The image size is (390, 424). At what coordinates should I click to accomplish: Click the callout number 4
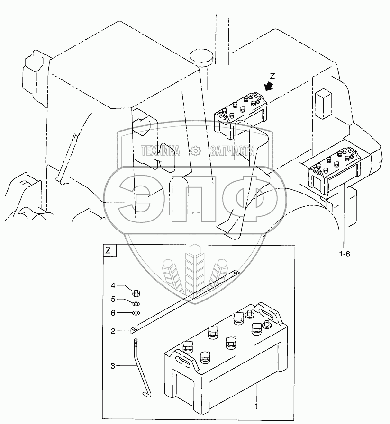coord(113,285)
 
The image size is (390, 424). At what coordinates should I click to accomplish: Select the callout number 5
coord(113,299)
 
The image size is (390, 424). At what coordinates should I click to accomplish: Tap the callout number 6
coord(113,313)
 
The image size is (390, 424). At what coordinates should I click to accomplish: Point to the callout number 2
coord(113,331)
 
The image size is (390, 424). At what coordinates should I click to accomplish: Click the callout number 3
coord(113,365)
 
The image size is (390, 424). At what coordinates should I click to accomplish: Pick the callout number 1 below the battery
coord(256,406)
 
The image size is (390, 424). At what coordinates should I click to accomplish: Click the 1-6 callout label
coord(345,254)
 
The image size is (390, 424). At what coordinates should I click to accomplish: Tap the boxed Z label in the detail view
coord(108,251)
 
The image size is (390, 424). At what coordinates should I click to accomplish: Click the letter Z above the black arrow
coord(272,75)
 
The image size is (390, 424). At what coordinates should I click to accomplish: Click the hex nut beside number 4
coord(134,292)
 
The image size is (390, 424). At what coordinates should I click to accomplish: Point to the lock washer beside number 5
coord(135,303)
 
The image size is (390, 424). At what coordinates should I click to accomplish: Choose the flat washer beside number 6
coord(135,313)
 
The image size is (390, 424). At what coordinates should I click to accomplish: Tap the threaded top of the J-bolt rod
coord(136,340)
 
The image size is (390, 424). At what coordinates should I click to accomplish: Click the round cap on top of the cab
coord(201,56)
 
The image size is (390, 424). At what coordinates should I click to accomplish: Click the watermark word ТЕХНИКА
coord(161,151)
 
